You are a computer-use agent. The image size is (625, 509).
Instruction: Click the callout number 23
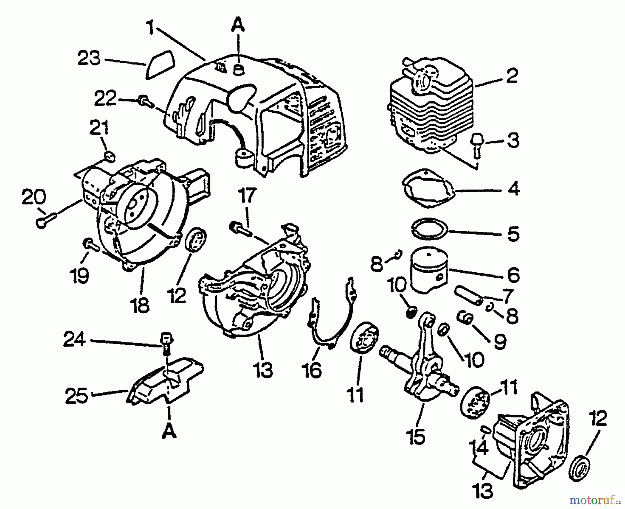[89, 59]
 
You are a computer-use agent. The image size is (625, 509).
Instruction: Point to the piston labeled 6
[429, 270]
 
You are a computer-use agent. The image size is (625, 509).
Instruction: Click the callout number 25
[77, 396]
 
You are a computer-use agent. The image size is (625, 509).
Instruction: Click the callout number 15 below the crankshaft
[417, 436]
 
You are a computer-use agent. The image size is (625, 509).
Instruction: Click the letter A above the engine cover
[237, 26]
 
